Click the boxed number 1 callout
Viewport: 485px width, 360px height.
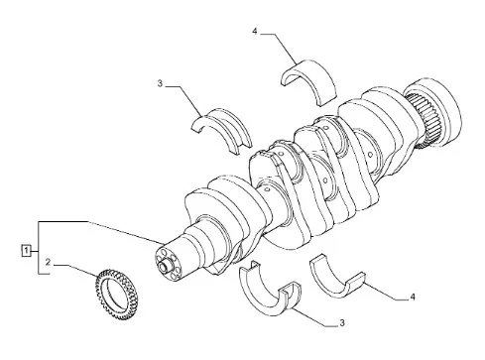pos(26,250)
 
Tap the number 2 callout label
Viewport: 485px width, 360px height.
pos(49,262)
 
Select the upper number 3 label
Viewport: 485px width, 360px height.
pos(160,83)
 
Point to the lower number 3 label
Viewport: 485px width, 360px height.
pos(342,322)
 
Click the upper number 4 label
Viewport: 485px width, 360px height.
pos(254,31)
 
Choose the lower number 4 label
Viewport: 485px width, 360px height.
pos(413,298)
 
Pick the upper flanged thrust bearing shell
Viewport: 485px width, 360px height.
pos(221,130)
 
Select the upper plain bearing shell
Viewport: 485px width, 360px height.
pos(309,81)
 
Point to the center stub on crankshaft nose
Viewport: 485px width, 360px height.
pos(165,266)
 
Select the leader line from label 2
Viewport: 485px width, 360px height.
pos(76,270)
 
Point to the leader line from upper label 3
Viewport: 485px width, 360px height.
pos(184,98)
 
